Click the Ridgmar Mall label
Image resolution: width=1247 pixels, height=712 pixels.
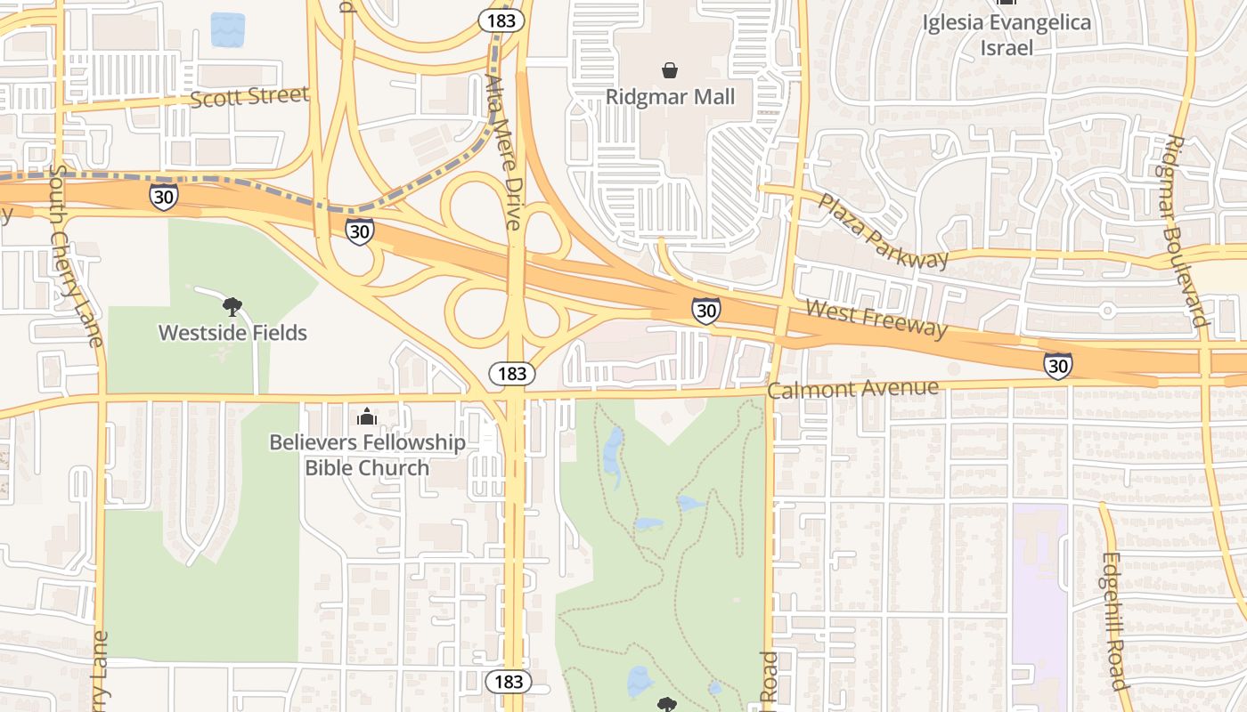(x=670, y=96)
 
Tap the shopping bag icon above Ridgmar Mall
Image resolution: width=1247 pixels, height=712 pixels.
(x=670, y=69)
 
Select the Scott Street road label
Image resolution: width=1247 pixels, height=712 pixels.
(x=250, y=96)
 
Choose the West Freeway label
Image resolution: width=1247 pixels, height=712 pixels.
(x=876, y=319)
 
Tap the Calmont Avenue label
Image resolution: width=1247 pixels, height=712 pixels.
(x=852, y=389)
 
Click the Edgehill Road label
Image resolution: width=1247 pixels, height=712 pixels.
(x=1114, y=620)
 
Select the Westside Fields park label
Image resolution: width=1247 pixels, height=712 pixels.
(x=232, y=333)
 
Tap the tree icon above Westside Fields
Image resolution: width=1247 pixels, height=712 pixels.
(x=232, y=307)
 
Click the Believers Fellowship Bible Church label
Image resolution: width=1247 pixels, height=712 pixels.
(x=367, y=455)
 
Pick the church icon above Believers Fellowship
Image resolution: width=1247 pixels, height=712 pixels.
(x=366, y=416)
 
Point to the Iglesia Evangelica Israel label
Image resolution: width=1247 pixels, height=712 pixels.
(x=1007, y=35)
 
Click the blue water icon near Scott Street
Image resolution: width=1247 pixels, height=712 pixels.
(x=227, y=29)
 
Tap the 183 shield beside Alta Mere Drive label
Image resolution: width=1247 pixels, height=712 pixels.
(x=501, y=20)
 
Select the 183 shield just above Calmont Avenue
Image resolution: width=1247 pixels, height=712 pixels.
(x=512, y=373)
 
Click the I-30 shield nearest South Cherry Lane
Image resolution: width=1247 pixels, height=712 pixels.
(x=164, y=197)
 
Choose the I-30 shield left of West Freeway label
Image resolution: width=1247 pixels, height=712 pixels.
(x=705, y=311)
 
